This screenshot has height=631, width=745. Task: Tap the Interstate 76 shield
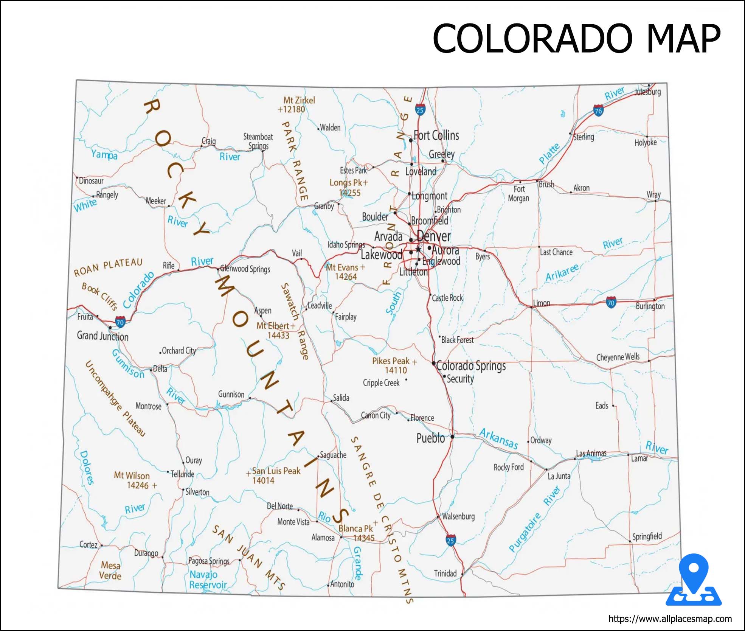598,111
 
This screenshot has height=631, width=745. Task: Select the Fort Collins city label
436,135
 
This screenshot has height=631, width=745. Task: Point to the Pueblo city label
430,438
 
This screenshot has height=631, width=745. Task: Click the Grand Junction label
102,336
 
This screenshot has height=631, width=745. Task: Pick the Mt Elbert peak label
275,330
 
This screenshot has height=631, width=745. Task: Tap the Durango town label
146,553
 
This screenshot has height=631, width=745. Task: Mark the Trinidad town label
445,573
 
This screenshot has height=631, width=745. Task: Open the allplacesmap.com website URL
670,619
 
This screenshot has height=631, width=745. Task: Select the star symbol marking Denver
418,249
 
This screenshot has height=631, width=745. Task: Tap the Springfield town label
647,536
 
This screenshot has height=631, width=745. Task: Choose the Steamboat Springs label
258,141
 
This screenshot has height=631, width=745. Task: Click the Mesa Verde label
110,570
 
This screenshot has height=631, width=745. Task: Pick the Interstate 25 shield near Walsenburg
450,540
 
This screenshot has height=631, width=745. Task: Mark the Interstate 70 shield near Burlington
611,302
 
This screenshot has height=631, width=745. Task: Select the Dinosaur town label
91,181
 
